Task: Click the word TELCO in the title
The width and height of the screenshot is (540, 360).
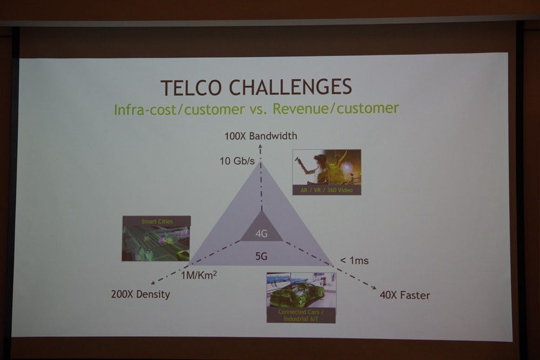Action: [x=191, y=87]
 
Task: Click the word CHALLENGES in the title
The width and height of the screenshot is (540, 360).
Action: [x=291, y=87]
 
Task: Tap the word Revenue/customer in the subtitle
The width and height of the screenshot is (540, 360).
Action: [x=336, y=108]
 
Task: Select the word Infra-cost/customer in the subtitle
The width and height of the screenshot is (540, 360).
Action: [x=179, y=110]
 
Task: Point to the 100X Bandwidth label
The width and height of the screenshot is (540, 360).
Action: [x=261, y=136]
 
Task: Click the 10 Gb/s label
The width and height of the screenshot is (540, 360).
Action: [x=237, y=161]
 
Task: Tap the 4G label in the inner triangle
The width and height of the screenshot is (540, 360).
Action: [x=261, y=234]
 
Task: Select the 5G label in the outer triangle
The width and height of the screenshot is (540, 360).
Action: [x=261, y=256]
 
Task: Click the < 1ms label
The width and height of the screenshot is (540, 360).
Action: [x=354, y=261]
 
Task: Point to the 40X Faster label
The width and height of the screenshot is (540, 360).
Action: [x=405, y=295]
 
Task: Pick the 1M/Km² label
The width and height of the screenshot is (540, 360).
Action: [x=199, y=275]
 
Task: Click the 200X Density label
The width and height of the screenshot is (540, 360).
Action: [x=140, y=294]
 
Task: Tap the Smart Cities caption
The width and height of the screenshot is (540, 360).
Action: [x=157, y=221]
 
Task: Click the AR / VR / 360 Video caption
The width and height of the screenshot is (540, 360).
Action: [x=327, y=190]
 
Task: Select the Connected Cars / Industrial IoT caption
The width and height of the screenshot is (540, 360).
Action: [x=301, y=315]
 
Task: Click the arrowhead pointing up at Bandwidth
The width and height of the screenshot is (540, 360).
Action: [x=260, y=146]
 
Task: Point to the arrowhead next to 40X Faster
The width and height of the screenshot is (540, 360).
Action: [x=374, y=288]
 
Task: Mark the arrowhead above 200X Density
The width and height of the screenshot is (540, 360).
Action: [x=153, y=283]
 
